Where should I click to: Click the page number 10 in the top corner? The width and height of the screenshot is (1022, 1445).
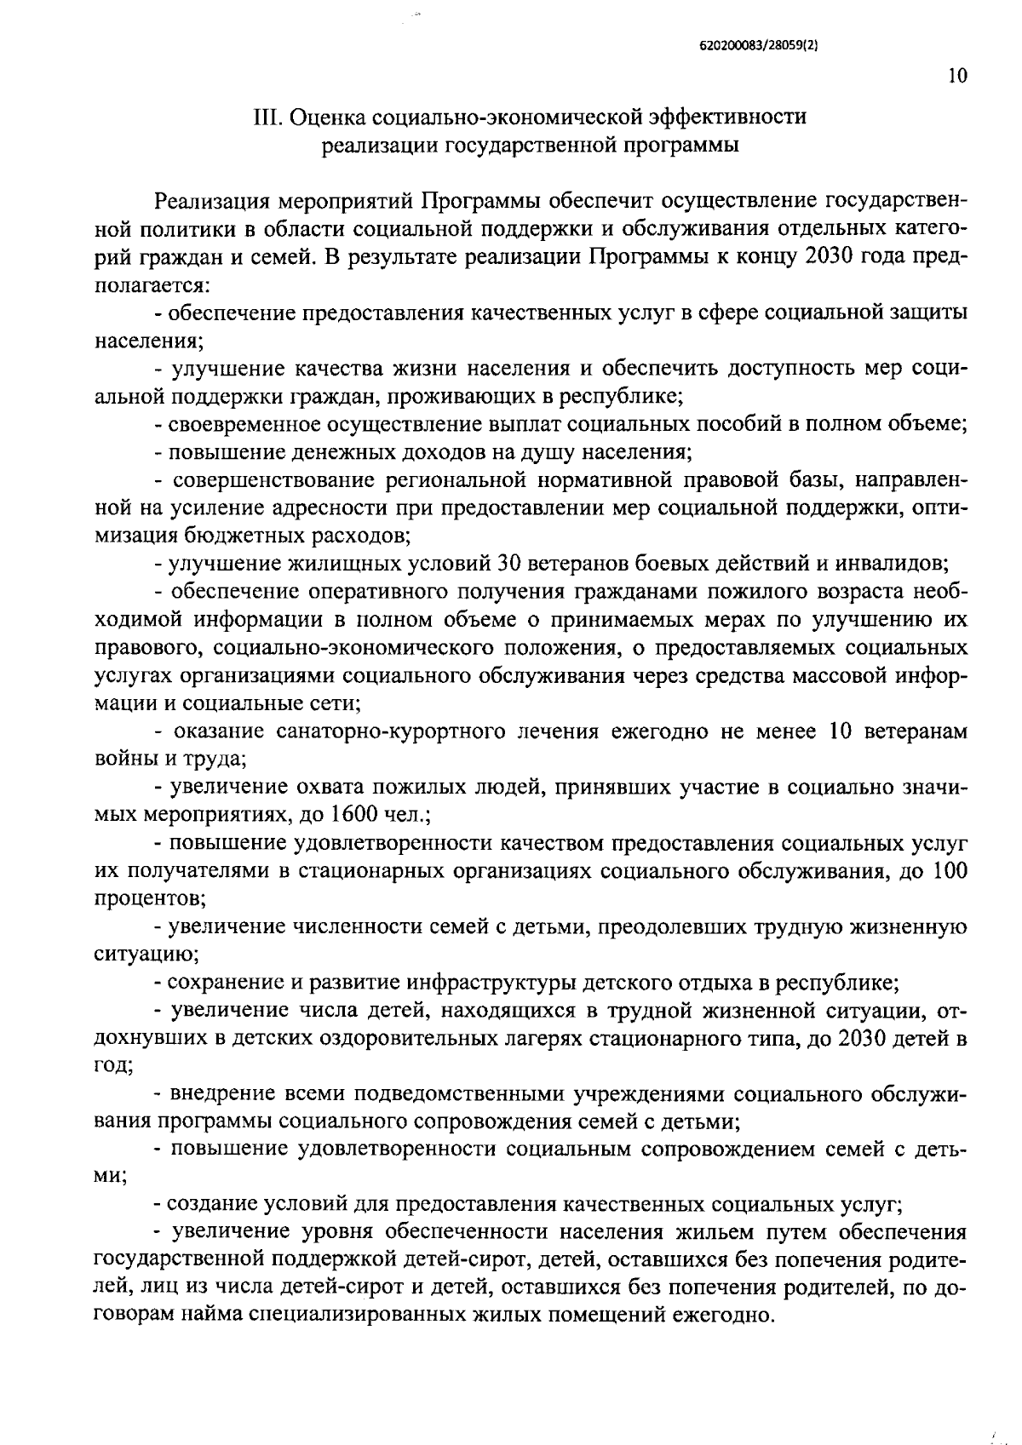tap(956, 77)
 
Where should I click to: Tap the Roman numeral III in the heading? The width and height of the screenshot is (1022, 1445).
tap(267, 118)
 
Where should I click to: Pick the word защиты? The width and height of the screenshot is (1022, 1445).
tap(931, 313)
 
